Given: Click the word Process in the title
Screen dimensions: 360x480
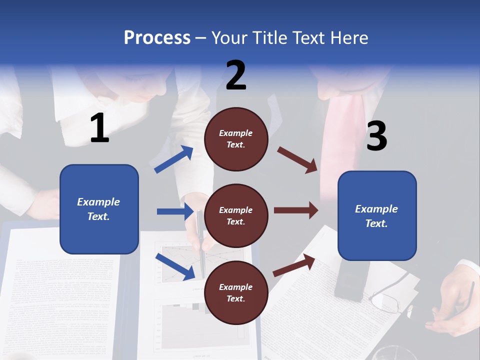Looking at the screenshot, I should click(x=157, y=38).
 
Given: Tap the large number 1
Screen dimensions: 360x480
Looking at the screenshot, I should click(x=99, y=128).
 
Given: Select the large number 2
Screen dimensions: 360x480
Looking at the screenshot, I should click(x=236, y=75).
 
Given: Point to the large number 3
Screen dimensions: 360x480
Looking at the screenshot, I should click(x=376, y=136).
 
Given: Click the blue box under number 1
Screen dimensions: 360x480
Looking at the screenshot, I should click(x=99, y=209).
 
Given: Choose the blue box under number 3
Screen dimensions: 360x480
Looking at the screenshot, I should click(x=377, y=216).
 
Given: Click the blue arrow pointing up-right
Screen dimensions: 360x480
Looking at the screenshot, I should click(x=174, y=159).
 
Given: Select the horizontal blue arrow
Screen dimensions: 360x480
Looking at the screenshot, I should click(x=175, y=211).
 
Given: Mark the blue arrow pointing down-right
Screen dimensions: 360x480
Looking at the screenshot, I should click(x=175, y=266).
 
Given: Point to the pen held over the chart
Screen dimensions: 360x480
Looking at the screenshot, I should click(x=201, y=240).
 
